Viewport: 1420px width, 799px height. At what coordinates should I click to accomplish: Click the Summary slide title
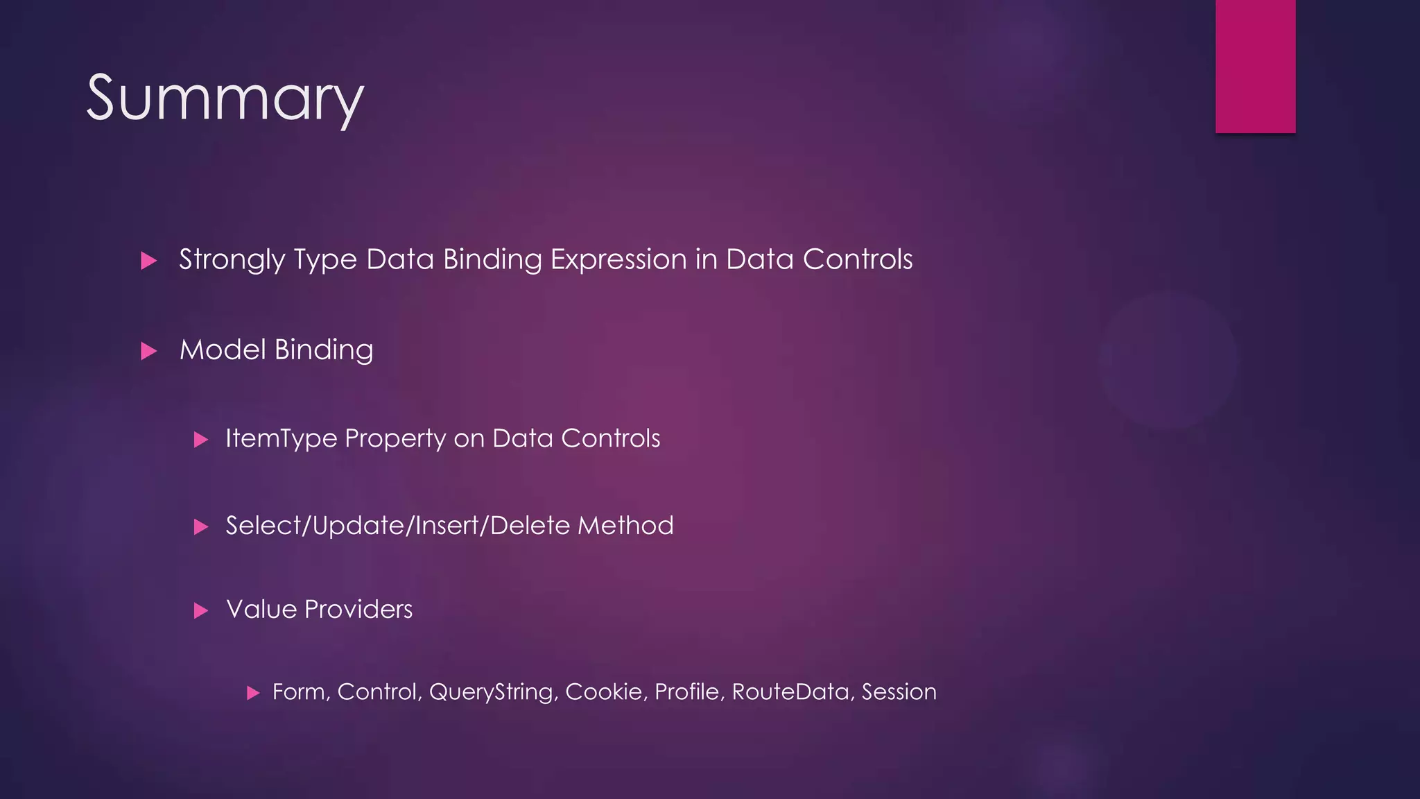click(x=225, y=99)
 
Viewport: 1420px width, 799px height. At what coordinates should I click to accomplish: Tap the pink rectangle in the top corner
click(x=1255, y=66)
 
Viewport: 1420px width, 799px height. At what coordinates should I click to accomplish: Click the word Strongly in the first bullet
click(x=232, y=260)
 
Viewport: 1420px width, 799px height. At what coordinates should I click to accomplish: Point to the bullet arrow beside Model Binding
click(x=148, y=351)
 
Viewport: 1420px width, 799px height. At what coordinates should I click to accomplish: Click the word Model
click(x=223, y=350)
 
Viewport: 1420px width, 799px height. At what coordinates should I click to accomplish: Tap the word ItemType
click(x=281, y=438)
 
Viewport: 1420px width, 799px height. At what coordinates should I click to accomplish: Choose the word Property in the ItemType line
click(x=395, y=439)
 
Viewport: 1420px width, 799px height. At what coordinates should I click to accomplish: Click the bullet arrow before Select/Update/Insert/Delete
click(x=201, y=527)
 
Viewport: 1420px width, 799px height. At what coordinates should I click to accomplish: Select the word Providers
click(x=358, y=609)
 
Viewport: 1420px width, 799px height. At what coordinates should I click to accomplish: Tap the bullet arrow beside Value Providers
click(x=201, y=611)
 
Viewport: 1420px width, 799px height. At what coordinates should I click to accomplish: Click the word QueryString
click(x=493, y=692)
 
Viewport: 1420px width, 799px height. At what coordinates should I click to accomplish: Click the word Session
click(x=899, y=691)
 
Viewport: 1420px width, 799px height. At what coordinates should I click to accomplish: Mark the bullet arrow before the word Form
click(x=253, y=693)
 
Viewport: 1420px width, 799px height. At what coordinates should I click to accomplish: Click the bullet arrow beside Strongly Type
click(x=148, y=261)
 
